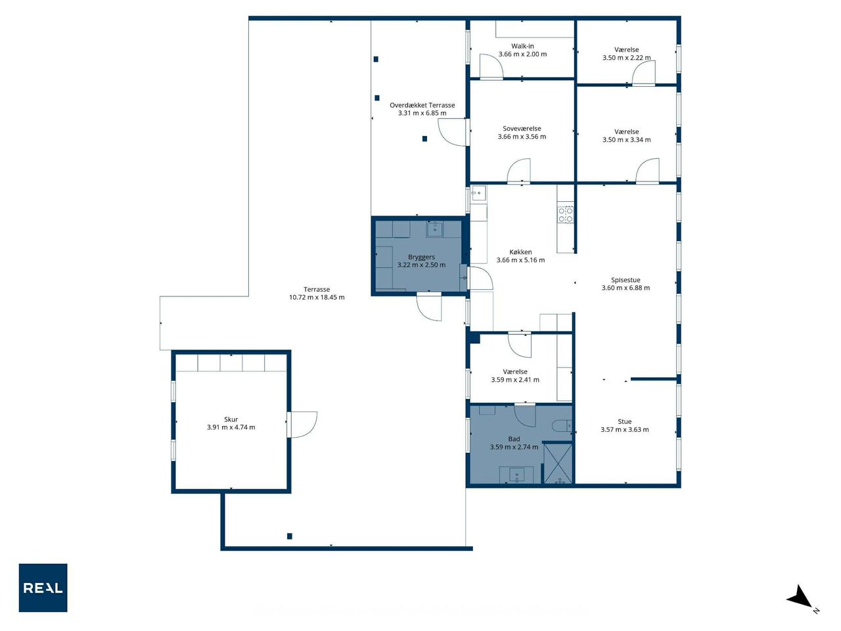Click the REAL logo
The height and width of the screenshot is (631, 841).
coord(43,588)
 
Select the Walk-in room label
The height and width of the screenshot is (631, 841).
coord(522,46)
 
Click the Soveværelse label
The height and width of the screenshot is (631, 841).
coord(522,129)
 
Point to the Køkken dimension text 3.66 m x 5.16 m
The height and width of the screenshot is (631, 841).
coord(520,260)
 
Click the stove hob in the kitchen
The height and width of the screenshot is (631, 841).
coord(565,214)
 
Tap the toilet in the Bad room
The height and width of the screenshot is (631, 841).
coord(562,426)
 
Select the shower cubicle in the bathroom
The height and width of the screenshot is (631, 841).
coord(558,463)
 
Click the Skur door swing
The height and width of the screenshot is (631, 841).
coord(302,425)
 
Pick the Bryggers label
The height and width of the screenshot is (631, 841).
coord(421,257)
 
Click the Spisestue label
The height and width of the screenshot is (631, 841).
coord(625,280)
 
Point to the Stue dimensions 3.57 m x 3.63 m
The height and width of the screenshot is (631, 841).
coord(625,429)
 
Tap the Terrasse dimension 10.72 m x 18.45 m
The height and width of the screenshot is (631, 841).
coord(317,297)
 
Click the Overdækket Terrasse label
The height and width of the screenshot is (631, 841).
coord(422,105)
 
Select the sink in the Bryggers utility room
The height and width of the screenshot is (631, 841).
coord(435,229)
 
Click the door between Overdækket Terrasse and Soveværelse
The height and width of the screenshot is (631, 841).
coord(453,132)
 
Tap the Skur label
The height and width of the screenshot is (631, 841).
coord(231,419)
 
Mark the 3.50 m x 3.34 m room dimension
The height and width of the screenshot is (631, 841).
coord(626,140)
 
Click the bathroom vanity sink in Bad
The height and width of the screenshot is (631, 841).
coord(516,475)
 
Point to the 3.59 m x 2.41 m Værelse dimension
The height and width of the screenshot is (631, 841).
coord(515,380)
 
